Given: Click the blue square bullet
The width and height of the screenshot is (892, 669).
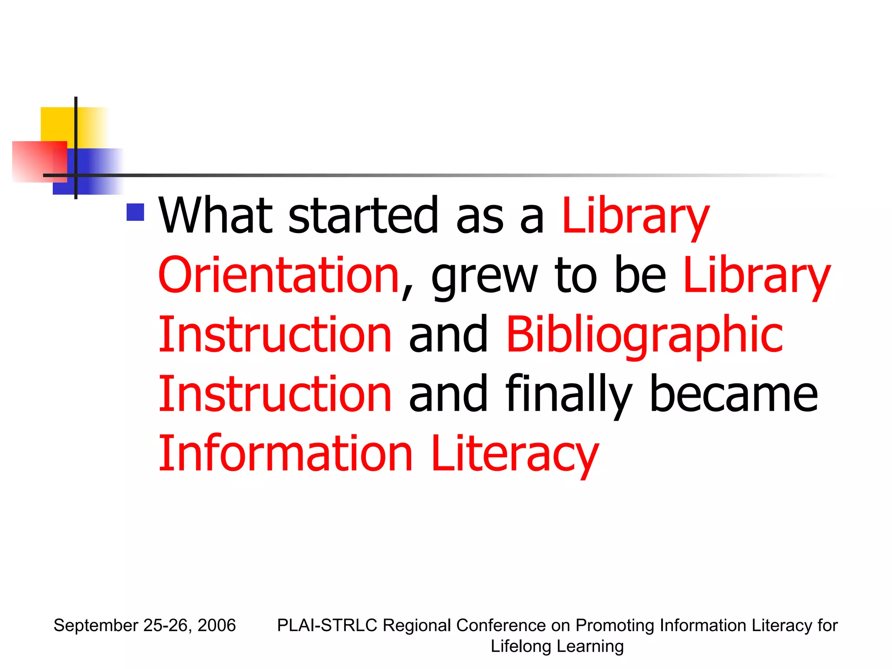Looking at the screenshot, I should point(135,213).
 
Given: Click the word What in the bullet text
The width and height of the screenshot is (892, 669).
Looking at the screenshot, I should point(216,215).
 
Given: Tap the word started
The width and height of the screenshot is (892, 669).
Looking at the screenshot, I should point(363,215).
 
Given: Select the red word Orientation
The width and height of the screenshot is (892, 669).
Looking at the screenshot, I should point(279,275).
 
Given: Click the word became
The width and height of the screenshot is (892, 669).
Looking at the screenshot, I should point(733,394).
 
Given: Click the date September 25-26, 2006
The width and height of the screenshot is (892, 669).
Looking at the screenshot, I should point(145,625).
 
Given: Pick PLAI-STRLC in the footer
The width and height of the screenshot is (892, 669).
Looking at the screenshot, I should point(327,625).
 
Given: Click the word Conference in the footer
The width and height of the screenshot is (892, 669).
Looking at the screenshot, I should point(501,625).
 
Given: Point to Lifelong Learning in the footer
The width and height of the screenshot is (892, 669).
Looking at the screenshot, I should point(557,646).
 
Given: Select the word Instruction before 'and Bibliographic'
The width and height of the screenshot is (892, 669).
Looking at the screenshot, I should point(275,334).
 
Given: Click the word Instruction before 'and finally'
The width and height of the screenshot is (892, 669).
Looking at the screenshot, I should point(275,394).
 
